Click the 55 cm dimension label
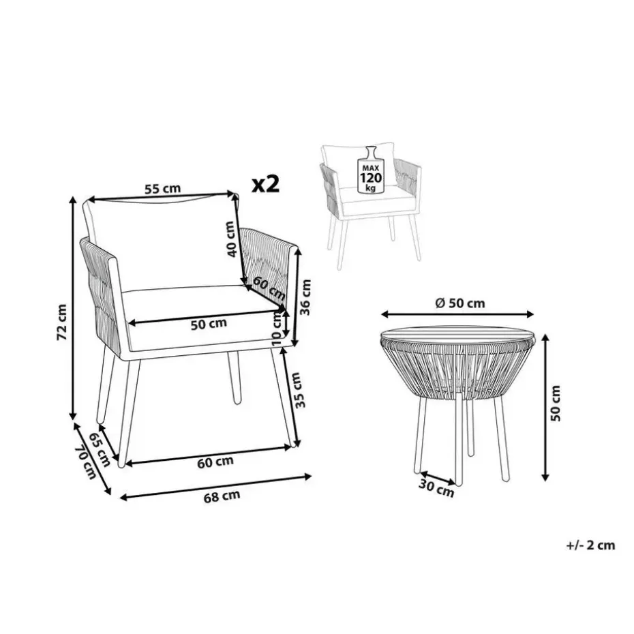tap(162, 189)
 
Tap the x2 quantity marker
tap(266, 184)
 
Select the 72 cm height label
tap(62, 322)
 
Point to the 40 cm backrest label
tap(230, 239)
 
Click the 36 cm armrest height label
tap(306, 297)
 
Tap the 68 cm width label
tap(222, 496)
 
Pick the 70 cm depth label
tap(86, 462)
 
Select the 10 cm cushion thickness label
tap(277, 327)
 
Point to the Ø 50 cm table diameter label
tap(460, 303)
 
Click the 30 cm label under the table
tap(436, 488)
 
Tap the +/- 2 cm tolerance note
tap(591, 545)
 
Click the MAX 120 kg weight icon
tap(371, 170)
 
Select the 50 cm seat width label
tap(209, 323)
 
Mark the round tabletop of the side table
tap(458, 335)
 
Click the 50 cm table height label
tap(556, 403)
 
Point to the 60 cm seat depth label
tap(269, 287)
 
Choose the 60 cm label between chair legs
tap(215, 462)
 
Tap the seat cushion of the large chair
tap(202, 316)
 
